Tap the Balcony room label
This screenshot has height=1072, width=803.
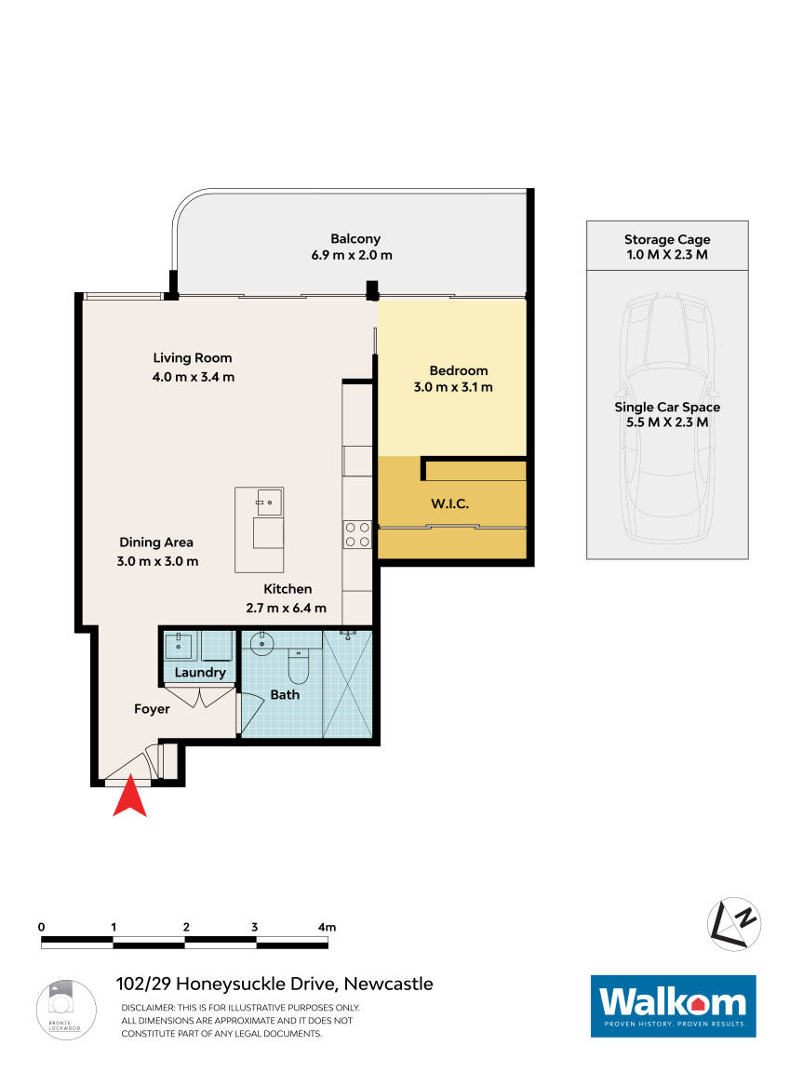pos(355,238)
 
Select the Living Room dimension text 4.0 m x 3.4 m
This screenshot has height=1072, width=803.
pos(194,377)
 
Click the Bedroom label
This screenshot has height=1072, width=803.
pos(458,370)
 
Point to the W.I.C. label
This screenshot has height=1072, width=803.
pos(449,503)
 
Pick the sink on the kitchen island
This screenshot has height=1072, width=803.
pos(268,502)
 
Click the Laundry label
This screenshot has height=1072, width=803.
pos(200,672)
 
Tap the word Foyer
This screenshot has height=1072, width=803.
pos(152,709)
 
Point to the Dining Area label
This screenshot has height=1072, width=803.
pos(156,543)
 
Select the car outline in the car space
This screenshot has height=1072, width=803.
pos(666,419)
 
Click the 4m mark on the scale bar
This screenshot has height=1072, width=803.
pos(326,928)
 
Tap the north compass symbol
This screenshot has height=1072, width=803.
pos(734,924)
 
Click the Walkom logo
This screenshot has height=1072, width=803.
pos(673,1005)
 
